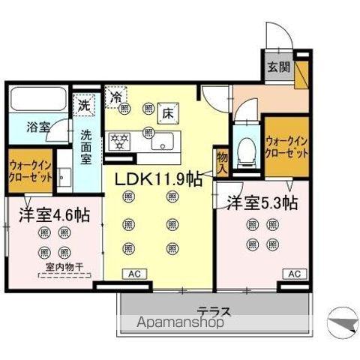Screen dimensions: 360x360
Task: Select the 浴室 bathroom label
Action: (x=38, y=127)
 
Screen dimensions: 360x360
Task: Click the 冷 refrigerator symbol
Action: (x=116, y=95)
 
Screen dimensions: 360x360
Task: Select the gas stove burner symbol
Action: (x=120, y=139)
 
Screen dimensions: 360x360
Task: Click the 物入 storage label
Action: (x=222, y=161)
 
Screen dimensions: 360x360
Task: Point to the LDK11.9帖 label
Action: (x=157, y=179)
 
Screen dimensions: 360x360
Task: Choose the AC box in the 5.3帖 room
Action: (x=294, y=274)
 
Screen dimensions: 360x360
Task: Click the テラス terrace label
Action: (x=213, y=311)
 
